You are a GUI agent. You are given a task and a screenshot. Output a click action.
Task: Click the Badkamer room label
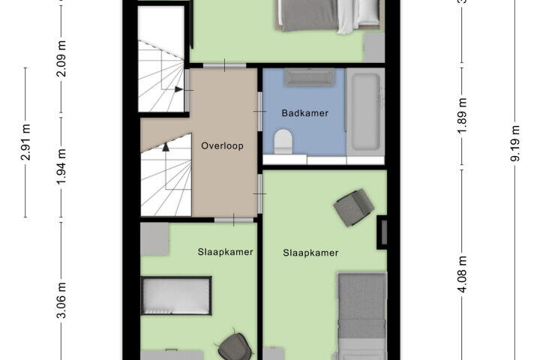click(304, 113)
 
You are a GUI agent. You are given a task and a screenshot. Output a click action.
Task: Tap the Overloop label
click(222, 145)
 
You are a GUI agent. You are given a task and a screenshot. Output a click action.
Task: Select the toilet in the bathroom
click(283, 142)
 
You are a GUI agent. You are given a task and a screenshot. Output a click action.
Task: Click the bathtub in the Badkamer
click(365, 112)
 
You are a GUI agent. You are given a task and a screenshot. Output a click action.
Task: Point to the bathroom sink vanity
click(309, 77)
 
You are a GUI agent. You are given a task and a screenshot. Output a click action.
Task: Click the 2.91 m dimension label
click(25, 142)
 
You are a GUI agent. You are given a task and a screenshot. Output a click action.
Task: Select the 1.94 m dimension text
click(61, 166)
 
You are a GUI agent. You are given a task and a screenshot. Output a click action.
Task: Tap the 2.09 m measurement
click(61, 58)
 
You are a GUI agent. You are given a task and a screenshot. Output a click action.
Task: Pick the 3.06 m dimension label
click(61, 301)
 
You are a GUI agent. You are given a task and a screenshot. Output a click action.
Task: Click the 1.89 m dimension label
click(463, 117)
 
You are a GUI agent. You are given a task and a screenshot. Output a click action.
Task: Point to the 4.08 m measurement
click(463, 274)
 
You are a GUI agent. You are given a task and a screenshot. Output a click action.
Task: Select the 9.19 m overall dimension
click(514, 143)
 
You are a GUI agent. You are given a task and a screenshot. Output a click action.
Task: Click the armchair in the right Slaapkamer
click(354, 208)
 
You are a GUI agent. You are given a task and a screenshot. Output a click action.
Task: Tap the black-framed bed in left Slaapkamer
click(176, 295)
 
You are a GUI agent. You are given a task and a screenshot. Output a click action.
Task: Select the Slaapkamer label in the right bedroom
click(310, 253)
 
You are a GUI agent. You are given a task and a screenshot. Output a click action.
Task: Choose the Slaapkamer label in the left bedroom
click(225, 252)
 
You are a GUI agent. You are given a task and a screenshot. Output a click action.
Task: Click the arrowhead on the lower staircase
click(166, 147)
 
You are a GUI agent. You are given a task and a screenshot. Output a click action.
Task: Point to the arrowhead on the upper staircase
click(178, 89)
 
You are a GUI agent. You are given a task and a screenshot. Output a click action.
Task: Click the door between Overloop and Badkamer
click(260, 111)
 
